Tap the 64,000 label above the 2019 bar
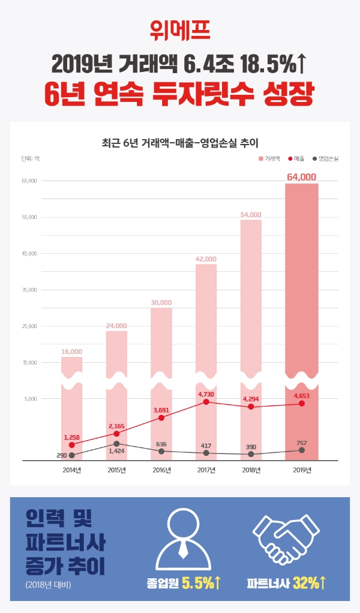(301, 177)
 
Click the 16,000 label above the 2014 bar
(71, 351)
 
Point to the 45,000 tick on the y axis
(29, 254)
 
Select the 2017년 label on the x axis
(206, 470)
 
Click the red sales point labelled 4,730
(206, 402)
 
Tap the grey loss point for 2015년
(116, 443)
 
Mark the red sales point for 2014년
(71, 445)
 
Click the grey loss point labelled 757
(301, 450)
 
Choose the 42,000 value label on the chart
(206, 259)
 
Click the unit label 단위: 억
(30, 159)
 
